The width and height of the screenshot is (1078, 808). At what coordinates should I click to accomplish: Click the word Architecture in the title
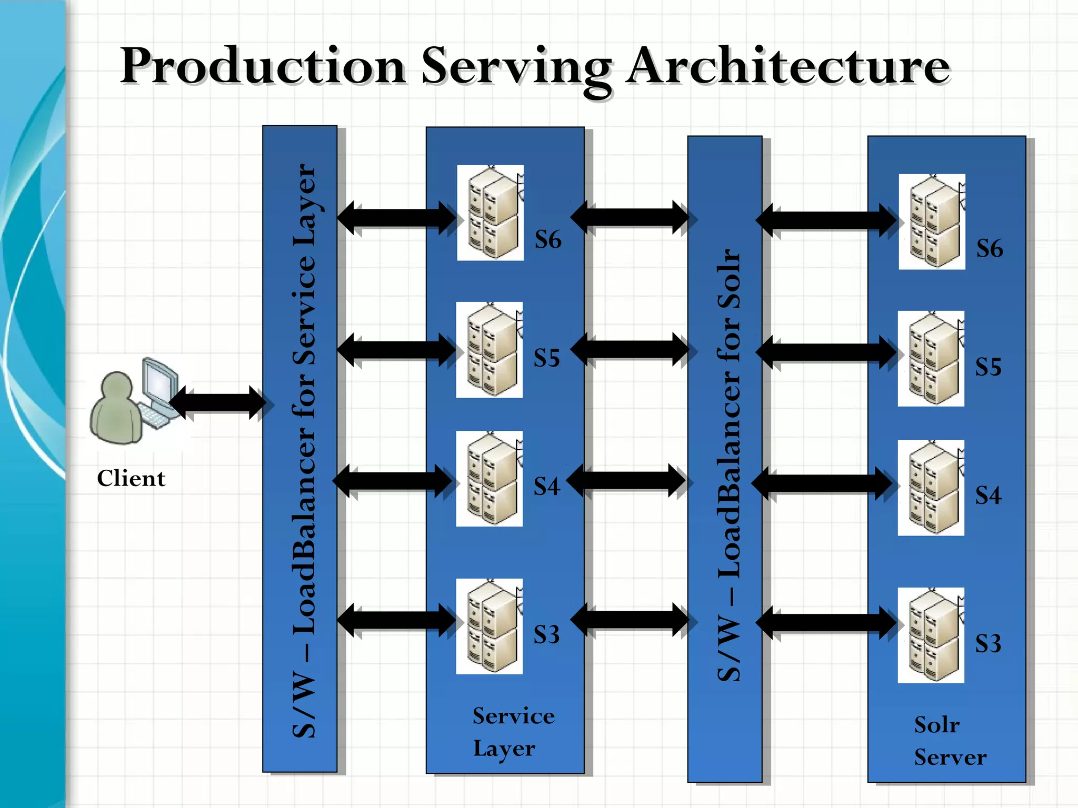[788, 67]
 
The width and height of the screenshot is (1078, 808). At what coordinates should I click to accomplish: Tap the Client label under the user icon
[131, 478]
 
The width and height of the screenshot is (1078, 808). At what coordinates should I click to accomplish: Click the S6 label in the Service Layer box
[548, 240]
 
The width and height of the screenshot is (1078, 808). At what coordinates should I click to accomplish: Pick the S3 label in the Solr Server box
[988, 643]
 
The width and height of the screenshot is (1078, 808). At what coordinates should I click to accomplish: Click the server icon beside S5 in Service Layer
[490, 350]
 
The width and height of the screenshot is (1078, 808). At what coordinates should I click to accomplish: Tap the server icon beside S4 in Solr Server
[931, 488]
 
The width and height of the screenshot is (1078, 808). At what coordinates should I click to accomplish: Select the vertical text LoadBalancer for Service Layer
[304, 450]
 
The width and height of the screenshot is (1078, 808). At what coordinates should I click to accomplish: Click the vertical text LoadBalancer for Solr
[729, 466]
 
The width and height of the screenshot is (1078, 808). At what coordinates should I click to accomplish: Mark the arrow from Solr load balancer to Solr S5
[825, 351]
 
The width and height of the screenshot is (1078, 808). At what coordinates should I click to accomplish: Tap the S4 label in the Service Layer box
[546, 487]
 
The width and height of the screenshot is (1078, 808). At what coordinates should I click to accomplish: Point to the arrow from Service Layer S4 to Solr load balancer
[626, 480]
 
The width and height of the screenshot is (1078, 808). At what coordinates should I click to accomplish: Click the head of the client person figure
[117, 388]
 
